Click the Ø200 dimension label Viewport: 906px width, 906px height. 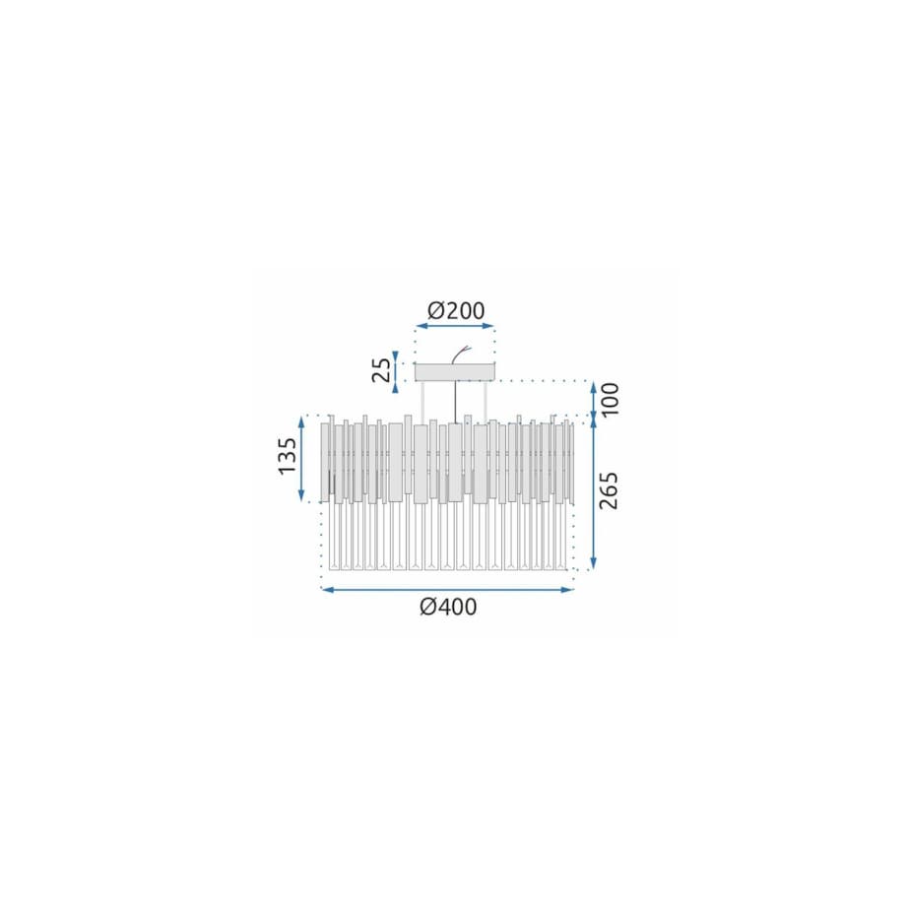[456, 311]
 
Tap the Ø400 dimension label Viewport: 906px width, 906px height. [448, 607]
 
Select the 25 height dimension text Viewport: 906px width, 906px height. [381, 370]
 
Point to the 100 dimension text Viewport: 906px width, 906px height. [609, 399]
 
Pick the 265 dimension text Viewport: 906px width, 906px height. [609, 490]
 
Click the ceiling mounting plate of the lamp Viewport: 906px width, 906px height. [455, 371]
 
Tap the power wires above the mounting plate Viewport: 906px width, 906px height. [462, 355]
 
